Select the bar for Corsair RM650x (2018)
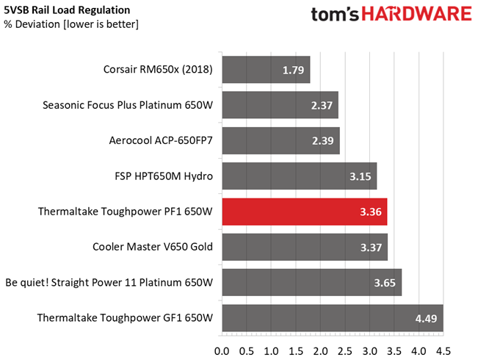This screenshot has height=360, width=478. [265, 71]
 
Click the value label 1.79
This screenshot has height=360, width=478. [294, 71]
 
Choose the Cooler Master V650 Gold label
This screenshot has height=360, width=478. [153, 248]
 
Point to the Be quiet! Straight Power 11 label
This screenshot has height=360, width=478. [109, 283]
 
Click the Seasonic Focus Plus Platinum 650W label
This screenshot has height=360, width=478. [128, 106]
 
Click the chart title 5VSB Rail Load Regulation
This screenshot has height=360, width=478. [67, 10]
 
